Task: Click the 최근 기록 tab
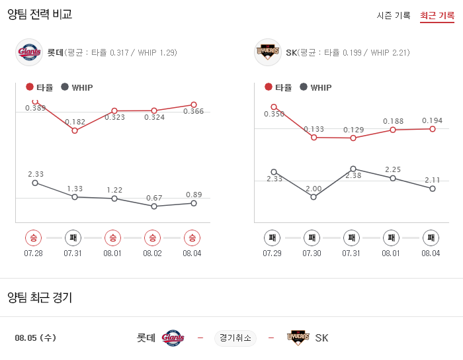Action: pyautogui.click(x=437, y=15)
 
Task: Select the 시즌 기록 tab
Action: pyautogui.click(x=394, y=15)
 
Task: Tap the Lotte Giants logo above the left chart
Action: pyautogui.click(x=28, y=52)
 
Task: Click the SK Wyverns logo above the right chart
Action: pyautogui.click(x=268, y=52)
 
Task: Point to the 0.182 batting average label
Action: pyautogui.click(x=75, y=122)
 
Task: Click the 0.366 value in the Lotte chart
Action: pyautogui.click(x=194, y=111)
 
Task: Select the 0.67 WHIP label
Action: pyautogui.click(x=154, y=198)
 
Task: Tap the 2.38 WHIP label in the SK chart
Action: pyautogui.click(x=353, y=175)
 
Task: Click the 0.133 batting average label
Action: pyautogui.click(x=314, y=129)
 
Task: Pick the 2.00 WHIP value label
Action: pyautogui.click(x=314, y=189)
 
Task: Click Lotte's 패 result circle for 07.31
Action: pyautogui.click(x=73, y=238)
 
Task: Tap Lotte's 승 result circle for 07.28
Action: pyautogui.click(x=33, y=238)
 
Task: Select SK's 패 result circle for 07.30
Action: pyautogui.click(x=312, y=238)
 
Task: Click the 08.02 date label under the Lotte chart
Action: pyautogui.click(x=152, y=253)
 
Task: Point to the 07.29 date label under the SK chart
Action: pyautogui.click(x=272, y=253)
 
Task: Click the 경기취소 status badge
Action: pyautogui.click(x=235, y=338)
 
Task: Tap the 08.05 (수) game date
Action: pyautogui.click(x=35, y=338)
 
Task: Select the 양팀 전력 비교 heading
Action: pyautogui.click(x=40, y=14)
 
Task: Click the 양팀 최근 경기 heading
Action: pyautogui.click(x=40, y=298)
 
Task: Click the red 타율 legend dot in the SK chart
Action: pyautogui.click(x=269, y=87)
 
